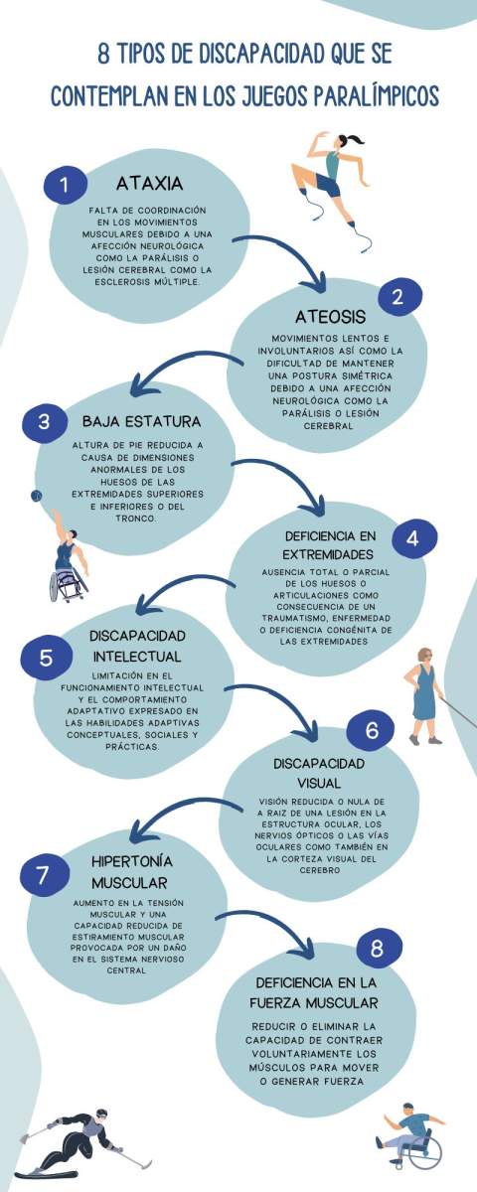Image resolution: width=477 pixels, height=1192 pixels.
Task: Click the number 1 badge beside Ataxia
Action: [65, 185]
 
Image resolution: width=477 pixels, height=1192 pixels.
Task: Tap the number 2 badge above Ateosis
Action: [399, 297]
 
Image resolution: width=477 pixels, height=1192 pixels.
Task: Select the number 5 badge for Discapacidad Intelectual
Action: [46, 658]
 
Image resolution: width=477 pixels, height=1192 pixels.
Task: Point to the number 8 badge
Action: [378, 948]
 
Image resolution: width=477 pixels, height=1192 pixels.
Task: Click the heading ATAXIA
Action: [150, 184]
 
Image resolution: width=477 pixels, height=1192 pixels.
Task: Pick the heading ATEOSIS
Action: [331, 317]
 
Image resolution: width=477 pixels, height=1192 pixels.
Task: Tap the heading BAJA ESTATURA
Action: [141, 421]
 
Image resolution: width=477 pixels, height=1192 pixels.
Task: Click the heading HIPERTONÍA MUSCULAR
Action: [131, 872]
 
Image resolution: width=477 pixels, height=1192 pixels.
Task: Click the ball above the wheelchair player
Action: [36, 496]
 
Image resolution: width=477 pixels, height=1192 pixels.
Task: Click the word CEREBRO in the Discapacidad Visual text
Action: [319, 870]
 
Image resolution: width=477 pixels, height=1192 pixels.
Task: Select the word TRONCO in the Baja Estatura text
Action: [136, 519]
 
